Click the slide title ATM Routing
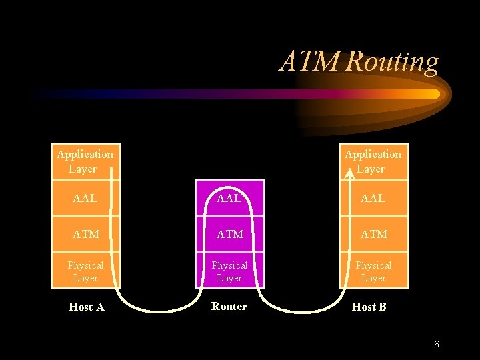pos(359,62)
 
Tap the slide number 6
pos(436,345)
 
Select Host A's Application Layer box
pos(85,162)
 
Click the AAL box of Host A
pos(85,198)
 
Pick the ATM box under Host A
pos(85,234)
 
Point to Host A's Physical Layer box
pos(85,271)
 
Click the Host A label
pos(87,307)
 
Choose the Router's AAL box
pos(229,198)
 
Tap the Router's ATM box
pos(229,234)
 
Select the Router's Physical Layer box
pos(229,271)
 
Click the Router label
pos(229,307)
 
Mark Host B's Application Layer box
pos(373,162)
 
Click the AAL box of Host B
pos(373,198)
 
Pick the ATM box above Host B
pos(373,234)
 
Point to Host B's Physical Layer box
pos(373,271)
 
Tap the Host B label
pos(369,307)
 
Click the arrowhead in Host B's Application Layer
pos(349,175)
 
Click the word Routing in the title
pos(393,62)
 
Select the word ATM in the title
pos(311,62)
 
